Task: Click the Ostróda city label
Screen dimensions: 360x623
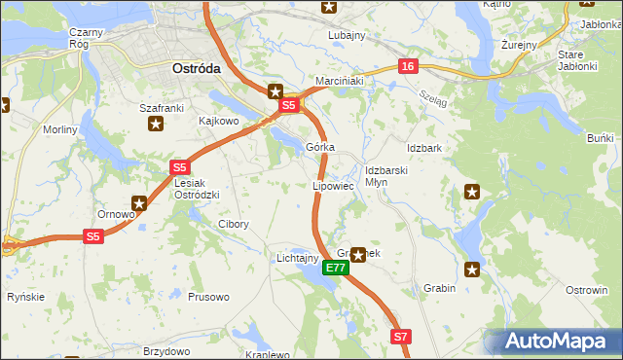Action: pos(196,69)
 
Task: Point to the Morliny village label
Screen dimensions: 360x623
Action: pos(58,129)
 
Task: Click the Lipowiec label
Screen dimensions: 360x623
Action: pos(333,185)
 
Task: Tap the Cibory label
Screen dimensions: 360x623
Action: pos(233,224)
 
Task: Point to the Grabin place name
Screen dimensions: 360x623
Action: pos(440,288)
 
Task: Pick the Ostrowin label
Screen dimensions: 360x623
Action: pos(587,290)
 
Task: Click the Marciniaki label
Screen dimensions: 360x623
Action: pos(339,81)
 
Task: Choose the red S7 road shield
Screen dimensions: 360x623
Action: pos(402,337)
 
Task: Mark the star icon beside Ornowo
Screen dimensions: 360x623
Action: pos(139,203)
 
